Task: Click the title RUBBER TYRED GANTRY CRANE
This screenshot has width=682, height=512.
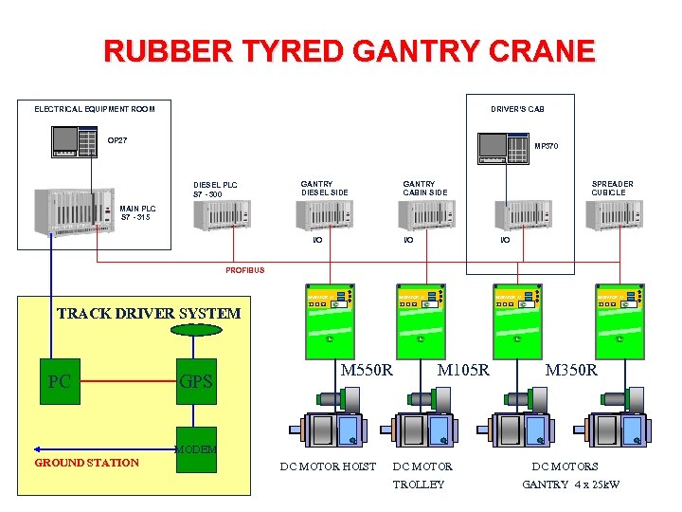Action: (x=350, y=50)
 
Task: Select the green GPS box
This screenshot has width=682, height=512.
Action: (x=196, y=381)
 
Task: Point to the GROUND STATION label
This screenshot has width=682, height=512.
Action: (x=86, y=463)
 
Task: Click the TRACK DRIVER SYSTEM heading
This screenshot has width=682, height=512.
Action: (x=149, y=313)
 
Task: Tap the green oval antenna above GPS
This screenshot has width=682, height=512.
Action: (x=196, y=330)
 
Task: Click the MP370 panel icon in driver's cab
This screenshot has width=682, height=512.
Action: (x=503, y=147)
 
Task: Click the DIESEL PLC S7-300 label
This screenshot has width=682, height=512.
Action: (x=215, y=191)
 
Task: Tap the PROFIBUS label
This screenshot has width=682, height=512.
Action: (x=244, y=270)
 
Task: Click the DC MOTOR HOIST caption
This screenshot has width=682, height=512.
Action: (x=328, y=466)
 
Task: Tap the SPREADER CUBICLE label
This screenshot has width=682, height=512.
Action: (x=612, y=188)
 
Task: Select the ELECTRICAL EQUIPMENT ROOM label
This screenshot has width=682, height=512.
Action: (x=95, y=109)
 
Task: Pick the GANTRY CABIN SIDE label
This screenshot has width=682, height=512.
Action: (x=424, y=188)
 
